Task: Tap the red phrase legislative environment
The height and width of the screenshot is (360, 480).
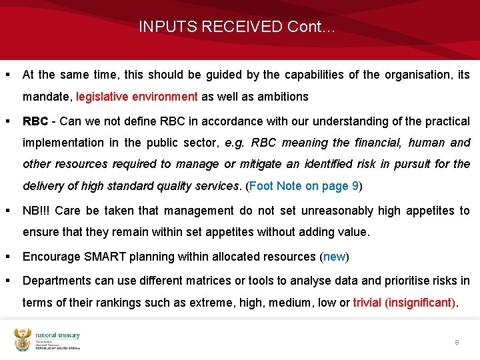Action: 137,97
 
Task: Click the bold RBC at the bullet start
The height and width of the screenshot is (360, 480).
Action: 35,121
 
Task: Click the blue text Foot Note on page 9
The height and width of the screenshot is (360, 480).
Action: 304,186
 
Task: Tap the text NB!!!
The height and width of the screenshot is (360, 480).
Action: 36,211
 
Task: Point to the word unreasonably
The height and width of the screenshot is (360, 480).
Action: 338,211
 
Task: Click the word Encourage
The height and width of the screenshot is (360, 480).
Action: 49,257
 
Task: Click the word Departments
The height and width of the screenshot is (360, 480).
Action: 56,281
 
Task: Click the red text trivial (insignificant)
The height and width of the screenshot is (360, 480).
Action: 405,303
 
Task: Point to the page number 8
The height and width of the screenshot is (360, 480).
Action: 457,342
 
